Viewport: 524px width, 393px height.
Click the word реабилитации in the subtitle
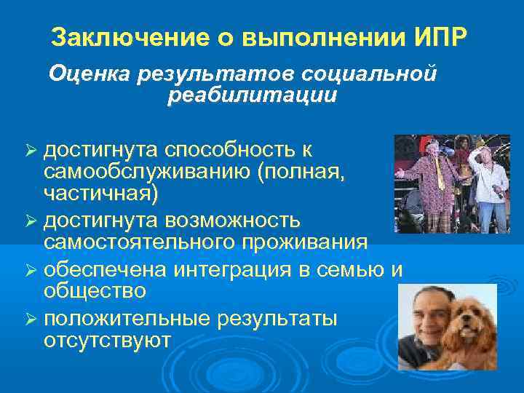point(252,95)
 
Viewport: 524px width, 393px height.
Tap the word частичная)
point(100,193)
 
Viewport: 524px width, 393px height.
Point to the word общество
point(95,291)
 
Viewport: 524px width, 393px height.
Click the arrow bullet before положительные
point(31,319)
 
